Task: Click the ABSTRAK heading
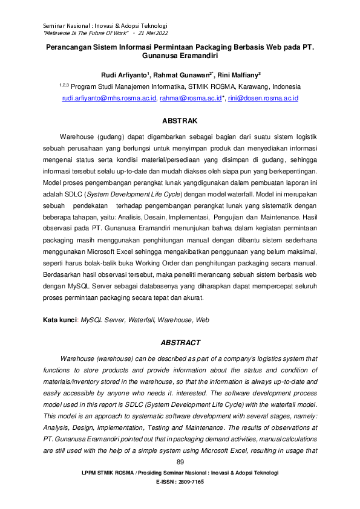(x=180, y=122)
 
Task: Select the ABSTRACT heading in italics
(x=180, y=343)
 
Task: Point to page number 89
(x=180, y=462)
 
